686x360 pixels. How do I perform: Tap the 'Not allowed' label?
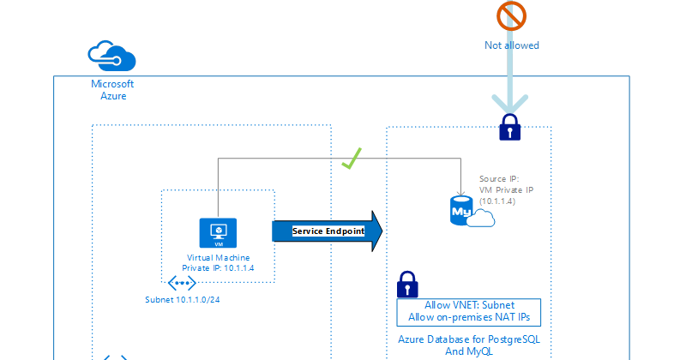point(511,45)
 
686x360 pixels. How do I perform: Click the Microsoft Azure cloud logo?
point(113,57)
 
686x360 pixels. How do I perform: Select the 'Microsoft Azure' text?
point(113,90)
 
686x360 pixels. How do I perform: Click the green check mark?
point(350,159)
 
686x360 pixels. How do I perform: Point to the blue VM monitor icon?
point(218,232)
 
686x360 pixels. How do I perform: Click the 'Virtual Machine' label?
point(218,257)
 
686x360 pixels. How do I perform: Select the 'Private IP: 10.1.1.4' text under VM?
point(218,268)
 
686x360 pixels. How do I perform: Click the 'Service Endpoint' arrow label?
point(328,231)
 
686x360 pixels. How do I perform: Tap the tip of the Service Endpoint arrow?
point(380,231)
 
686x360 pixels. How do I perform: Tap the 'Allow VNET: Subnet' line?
point(468,305)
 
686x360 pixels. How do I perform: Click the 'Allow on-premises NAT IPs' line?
point(468,317)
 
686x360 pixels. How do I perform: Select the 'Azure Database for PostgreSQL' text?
point(469,339)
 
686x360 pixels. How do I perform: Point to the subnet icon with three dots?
point(182,283)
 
